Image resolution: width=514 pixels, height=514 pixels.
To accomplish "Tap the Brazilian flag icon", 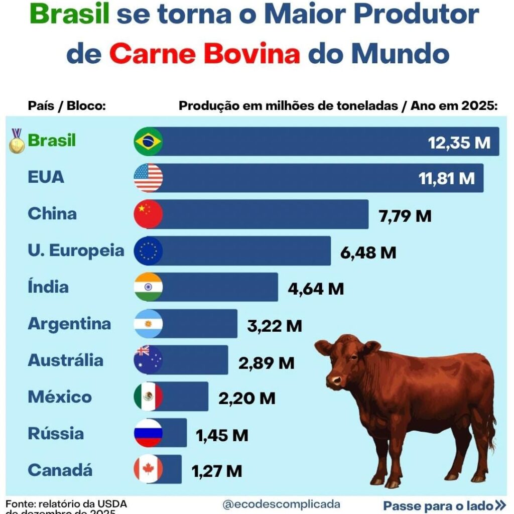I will click(x=148, y=142).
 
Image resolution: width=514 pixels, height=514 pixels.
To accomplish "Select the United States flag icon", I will click(x=148, y=178).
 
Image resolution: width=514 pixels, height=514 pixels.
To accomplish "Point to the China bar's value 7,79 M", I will click(x=404, y=216).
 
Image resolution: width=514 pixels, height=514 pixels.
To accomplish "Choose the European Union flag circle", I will click(x=148, y=250).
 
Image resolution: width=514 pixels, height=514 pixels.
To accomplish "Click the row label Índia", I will click(x=48, y=287).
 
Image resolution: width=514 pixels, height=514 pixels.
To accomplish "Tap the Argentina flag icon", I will click(x=148, y=324).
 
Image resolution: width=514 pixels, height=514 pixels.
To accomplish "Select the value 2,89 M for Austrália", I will click(x=266, y=363).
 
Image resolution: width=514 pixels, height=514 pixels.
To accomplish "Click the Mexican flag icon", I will click(x=148, y=397).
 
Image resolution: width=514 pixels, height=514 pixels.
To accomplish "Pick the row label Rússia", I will click(x=56, y=433).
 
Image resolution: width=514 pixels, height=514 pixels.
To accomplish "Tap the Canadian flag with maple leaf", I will click(x=148, y=470).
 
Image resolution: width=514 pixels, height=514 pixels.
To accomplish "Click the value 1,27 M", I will click(x=217, y=471).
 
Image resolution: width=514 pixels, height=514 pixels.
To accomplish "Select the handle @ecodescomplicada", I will click(x=281, y=504).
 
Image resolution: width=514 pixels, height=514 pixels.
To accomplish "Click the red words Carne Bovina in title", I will click(x=205, y=54).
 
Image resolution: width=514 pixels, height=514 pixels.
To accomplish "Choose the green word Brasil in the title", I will click(x=77, y=15).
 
